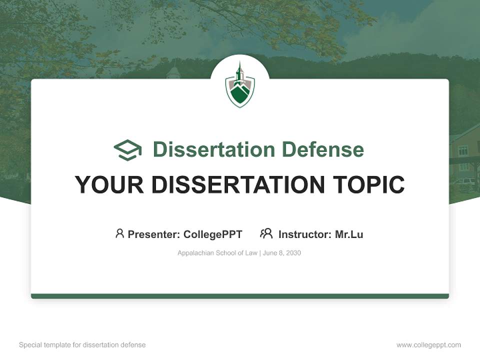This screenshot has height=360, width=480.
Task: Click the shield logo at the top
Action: pos(240,86)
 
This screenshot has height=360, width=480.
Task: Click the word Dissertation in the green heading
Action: pos(213,149)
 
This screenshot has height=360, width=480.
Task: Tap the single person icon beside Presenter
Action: pos(119,233)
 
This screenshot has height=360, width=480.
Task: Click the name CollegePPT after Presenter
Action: pos(212,234)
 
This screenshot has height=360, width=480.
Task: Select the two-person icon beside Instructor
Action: pos(266,233)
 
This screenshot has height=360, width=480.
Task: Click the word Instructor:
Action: pos(305,234)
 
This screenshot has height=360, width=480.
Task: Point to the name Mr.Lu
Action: pos(349,234)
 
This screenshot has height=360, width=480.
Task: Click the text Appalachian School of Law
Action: pos(217,253)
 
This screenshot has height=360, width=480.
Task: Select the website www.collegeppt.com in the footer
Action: pos(428,345)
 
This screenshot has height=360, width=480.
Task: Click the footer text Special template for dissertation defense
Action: pos(82,345)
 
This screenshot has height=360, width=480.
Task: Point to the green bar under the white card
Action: pos(240,296)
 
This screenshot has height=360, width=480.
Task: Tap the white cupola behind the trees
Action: pos(173,72)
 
